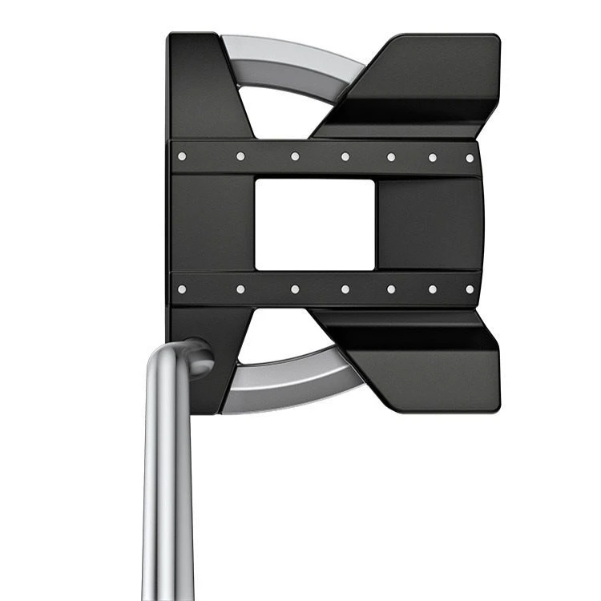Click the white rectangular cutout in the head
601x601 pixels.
(x=314, y=224)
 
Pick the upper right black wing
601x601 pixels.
(x=425, y=80)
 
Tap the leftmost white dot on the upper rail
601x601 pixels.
(x=182, y=156)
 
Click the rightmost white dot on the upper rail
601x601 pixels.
(x=470, y=158)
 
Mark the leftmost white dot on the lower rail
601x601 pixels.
(x=182, y=288)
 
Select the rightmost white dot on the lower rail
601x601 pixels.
(x=470, y=288)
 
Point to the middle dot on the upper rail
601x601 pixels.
(x=345, y=157)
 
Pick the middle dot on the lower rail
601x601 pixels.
(x=345, y=288)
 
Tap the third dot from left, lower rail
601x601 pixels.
(x=295, y=288)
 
